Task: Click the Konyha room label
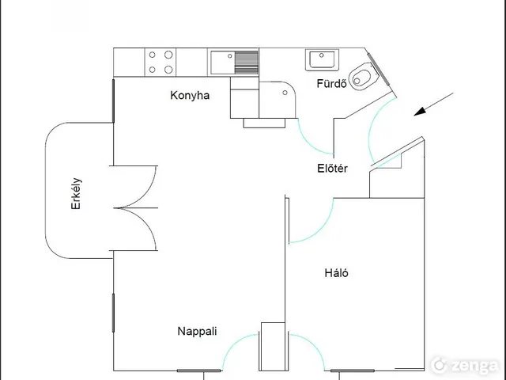point(190,96)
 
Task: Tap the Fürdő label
point(331,84)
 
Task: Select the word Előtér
point(332,169)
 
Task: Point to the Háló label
point(336,273)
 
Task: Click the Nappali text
point(197,331)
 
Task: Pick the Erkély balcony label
point(76,193)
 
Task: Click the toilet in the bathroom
point(363,76)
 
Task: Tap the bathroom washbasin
point(322,60)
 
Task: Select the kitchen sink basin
point(223,63)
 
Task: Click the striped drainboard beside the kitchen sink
point(246,63)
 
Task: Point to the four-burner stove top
point(160,62)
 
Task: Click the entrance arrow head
point(420,112)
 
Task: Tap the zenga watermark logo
point(465,365)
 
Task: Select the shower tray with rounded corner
point(278,100)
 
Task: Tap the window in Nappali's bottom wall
point(199,370)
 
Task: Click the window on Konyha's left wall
point(113,101)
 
